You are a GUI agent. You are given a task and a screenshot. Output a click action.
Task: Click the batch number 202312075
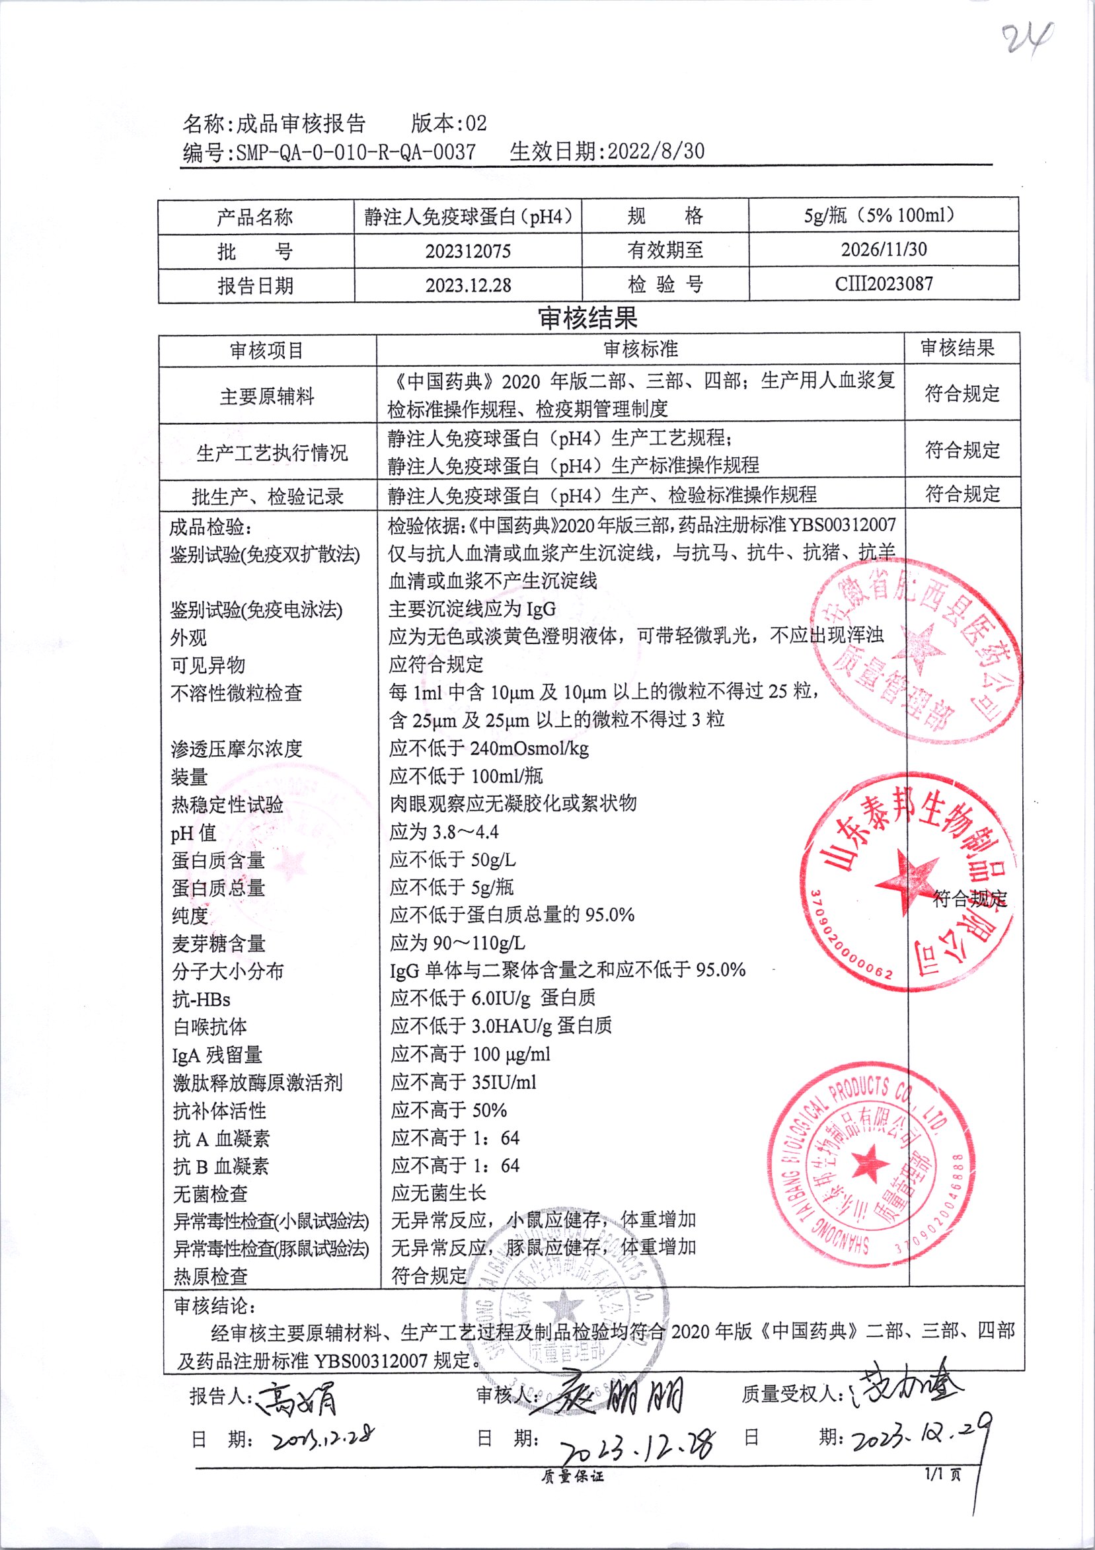pyautogui.click(x=468, y=252)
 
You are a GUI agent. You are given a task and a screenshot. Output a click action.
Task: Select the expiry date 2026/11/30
pyautogui.click(x=884, y=250)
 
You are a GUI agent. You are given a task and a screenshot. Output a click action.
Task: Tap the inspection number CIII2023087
pyautogui.click(x=884, y=283)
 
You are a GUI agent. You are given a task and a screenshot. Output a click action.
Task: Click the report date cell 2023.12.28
pyautogui.click(x=468, y=285)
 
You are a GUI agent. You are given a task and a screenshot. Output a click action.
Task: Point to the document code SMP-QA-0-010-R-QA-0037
pyautogui.click(x=356, y=152)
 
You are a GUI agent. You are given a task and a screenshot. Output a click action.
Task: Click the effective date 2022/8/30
pyautogui.click(x=656, y=151)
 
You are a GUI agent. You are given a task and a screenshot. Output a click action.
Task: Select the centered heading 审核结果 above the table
pyautogui.click(x=587, y=317)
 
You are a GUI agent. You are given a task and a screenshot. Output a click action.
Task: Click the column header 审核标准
pyautogui.click(x=640, y=349)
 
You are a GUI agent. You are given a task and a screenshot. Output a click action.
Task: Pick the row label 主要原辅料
pyautogui.click(x=267, y=396)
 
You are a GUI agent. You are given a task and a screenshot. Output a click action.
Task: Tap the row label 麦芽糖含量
pyautogui.click(x=218, y=943)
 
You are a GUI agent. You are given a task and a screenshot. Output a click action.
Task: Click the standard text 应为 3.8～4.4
pyautogui.click(x=443, y=832)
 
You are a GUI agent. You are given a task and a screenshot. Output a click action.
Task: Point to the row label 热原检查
pyautogui.click(x=211, y=1276)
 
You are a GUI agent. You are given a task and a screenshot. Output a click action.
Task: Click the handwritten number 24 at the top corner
pyautogui.click(x=1027, y=39)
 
